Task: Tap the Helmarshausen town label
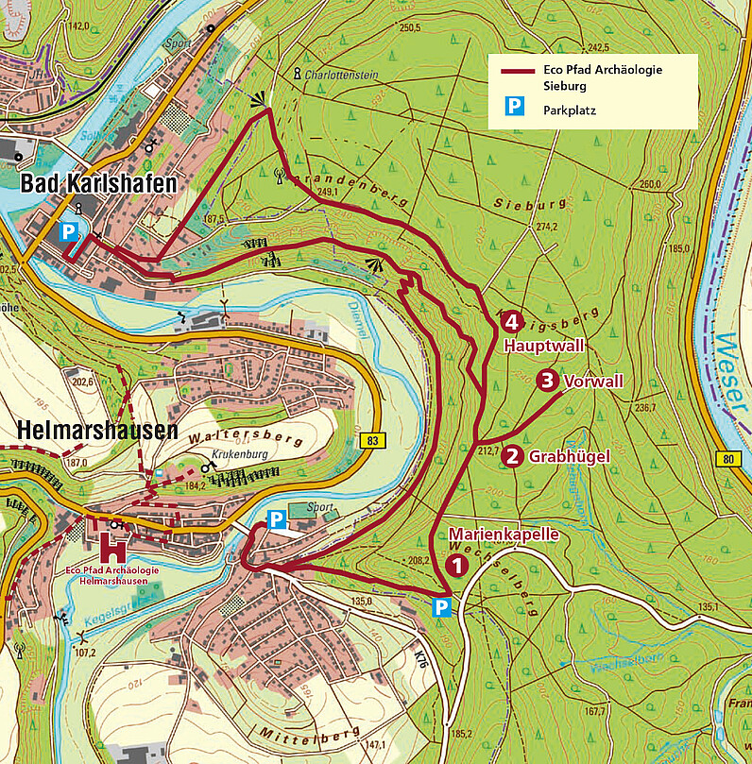pos(97,431)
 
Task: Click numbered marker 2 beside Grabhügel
pos(512,456)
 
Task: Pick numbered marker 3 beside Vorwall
pos(547,382)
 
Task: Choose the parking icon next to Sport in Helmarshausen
pos(276,519)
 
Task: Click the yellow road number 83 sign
pos(374,440)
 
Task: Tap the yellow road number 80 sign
pos(726,460)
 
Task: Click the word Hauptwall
pos(543,346)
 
